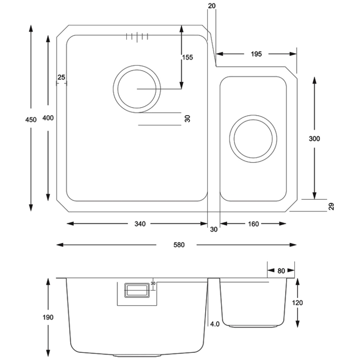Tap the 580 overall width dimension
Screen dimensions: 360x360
point(178,245)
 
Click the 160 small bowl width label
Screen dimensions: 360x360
point(253,224)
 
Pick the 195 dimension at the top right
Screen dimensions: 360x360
point(256,54)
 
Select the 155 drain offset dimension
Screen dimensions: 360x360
point(187,57)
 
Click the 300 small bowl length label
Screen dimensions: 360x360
point(315,139)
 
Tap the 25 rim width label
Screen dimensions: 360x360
point(62,77)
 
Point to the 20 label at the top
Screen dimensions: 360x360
point(212,5)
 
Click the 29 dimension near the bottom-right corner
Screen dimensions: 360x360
point(331,207)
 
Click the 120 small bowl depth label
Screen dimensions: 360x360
point(297,302)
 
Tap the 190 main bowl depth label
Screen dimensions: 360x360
point(48,317)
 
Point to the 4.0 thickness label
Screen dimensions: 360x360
point(215,324)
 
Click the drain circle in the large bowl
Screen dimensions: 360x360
point(136,89)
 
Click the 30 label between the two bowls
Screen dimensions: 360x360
point(214,229)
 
